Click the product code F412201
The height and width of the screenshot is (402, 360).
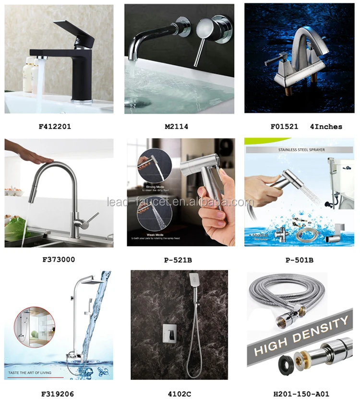coord(55,127)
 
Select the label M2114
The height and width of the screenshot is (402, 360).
coord(177,127)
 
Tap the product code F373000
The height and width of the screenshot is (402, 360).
coord(59,260)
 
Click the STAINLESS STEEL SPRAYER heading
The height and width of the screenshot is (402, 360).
coord(301,150)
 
